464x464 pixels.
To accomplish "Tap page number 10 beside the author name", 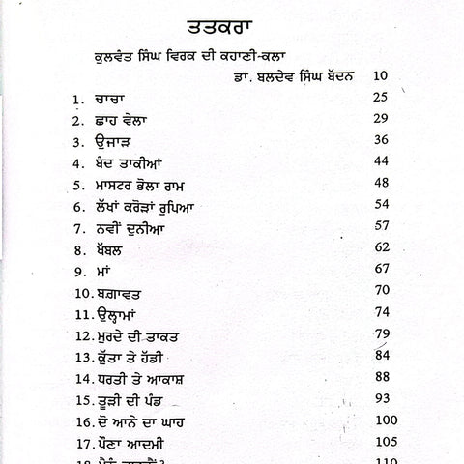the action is tap(381, 74).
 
